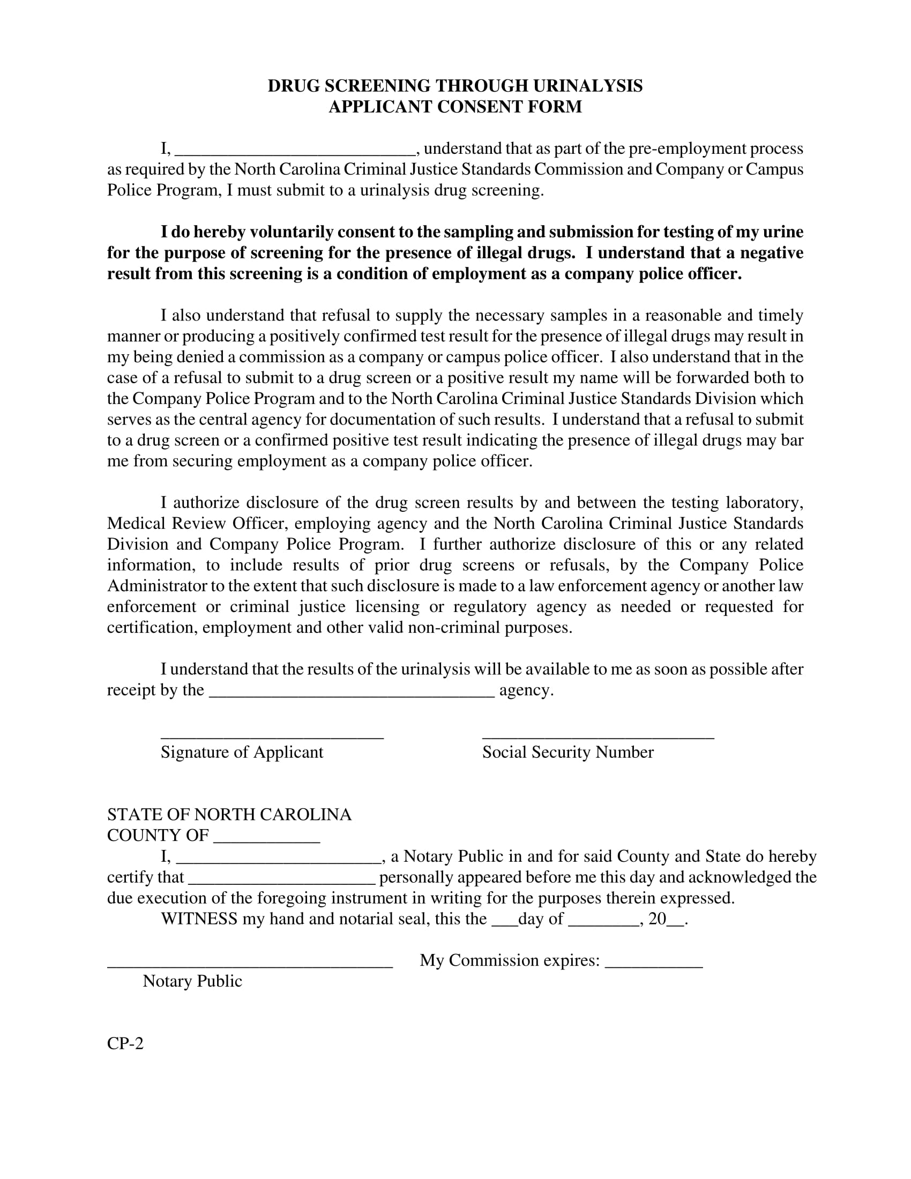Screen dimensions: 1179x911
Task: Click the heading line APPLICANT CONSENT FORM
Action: [455, 107]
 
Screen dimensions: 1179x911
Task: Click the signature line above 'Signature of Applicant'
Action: [272, 735]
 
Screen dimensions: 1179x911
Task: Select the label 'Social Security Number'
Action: [567, 752]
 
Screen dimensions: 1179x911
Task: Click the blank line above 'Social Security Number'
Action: [598, 735]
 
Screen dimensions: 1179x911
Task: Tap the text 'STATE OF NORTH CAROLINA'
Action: [229, 815]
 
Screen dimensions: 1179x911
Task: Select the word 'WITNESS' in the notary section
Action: [199, 919]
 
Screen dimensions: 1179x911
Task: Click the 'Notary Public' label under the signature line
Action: [192, 981]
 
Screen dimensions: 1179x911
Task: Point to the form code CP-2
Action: [125, 1043]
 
